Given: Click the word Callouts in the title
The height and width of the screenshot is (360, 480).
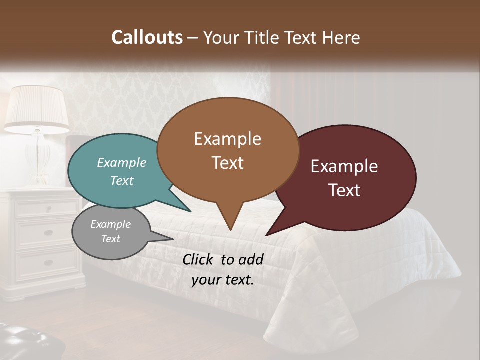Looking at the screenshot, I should click(147, 37).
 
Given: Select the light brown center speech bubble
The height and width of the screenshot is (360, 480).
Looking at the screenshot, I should click(227, 150).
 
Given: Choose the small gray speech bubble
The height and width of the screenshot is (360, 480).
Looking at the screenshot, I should click(111, 232).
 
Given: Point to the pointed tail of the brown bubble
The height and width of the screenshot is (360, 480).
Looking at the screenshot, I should click(230, 225).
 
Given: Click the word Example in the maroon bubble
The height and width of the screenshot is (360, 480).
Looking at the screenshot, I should click(344, 166).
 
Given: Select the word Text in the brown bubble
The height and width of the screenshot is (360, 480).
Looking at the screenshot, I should click(228, 163).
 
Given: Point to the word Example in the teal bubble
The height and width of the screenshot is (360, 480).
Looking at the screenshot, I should click(122, 162).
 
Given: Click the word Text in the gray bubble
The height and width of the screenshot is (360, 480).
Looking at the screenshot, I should click(111, 239).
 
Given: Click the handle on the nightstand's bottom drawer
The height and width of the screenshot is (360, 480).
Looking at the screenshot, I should click(48, 263).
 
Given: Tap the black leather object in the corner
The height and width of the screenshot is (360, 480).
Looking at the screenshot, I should click(27, 342).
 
